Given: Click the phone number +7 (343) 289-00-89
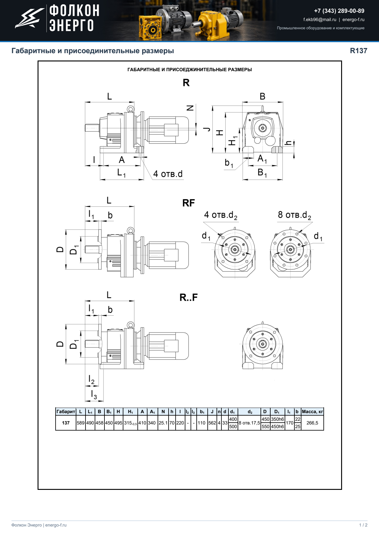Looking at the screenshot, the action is [339, 11].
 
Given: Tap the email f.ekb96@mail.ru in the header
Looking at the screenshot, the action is [320, 20].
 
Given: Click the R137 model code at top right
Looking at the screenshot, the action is [359, 51].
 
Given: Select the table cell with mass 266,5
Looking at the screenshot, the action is [312, 423].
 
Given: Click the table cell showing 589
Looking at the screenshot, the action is [81, 423].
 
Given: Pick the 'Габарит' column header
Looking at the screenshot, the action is [66, 412].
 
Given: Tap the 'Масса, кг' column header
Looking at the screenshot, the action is [312, 412].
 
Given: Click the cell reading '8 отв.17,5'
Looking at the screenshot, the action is [249, 423].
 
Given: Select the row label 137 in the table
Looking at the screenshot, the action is [66, 423].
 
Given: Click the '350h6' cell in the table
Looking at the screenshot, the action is [277, 419].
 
